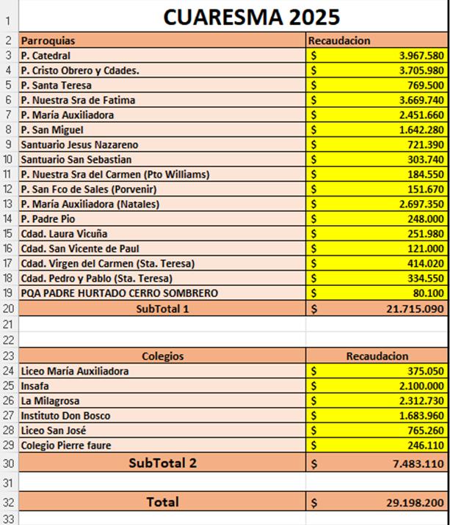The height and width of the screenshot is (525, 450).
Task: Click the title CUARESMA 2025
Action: pos(251,17)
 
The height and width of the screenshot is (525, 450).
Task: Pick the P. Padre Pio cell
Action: pos(49,219)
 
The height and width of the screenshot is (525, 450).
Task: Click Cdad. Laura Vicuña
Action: pos(64,234)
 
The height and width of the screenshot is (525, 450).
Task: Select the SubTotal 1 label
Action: pos(162,309)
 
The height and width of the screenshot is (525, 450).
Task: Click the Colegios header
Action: pos(162,356)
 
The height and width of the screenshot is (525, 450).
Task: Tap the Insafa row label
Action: pos(36,386)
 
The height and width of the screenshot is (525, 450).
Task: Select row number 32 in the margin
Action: pos(8,502)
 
